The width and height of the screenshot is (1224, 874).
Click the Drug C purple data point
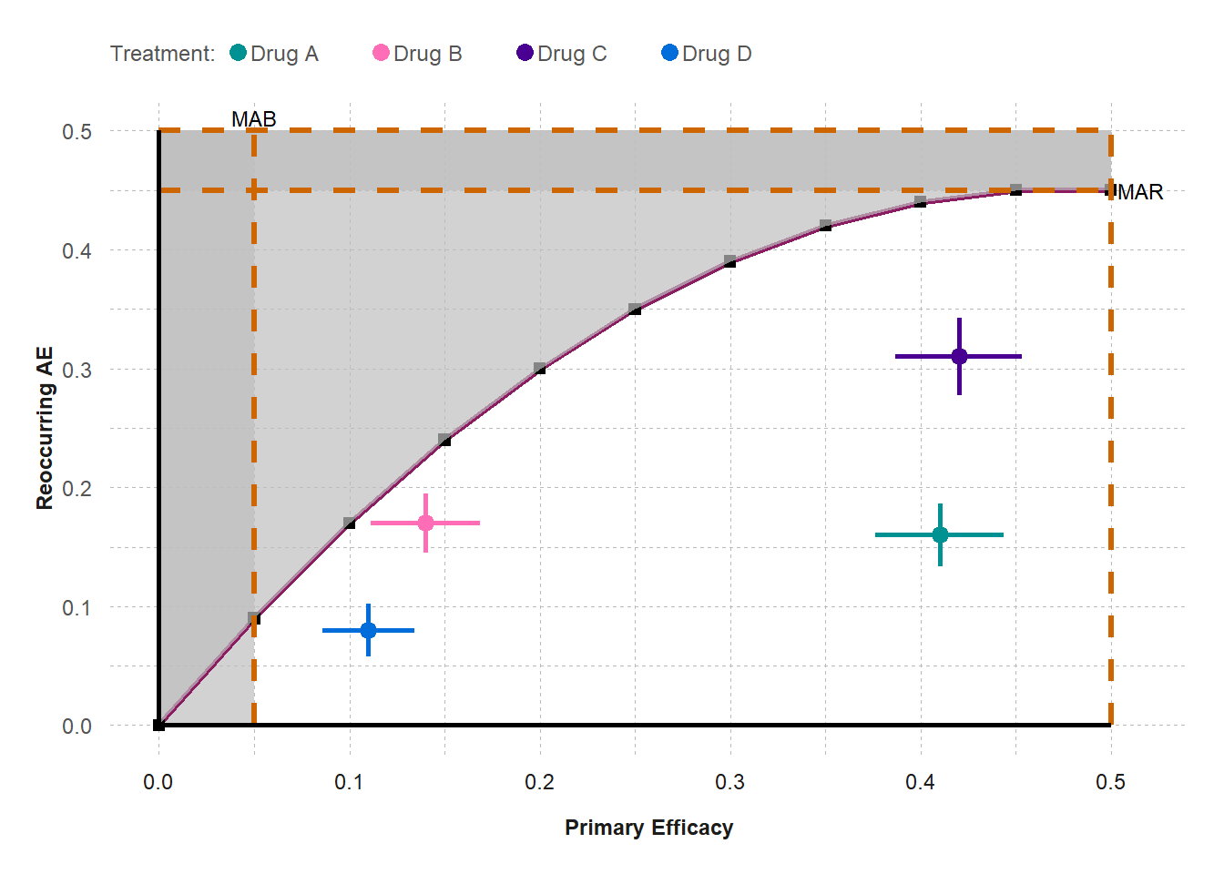tap(959, 356)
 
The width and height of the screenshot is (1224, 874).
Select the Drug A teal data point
tap(940, 534)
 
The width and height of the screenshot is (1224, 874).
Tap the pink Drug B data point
tap(425, 523)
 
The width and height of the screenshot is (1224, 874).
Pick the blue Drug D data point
tap(368, 630)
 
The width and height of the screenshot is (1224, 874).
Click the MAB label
tap(253, 119)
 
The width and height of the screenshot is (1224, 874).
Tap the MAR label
tap(1140, 192)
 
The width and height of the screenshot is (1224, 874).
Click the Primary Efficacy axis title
tap(648, 828)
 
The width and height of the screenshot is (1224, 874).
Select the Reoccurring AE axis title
tap(45, 428)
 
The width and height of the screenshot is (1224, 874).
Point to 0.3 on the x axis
tap(729, 782)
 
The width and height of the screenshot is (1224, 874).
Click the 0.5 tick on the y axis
tap(77, 132)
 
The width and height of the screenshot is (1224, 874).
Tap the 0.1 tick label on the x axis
tap(349, 782)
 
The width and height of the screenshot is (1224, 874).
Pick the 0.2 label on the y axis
tap(77, 489)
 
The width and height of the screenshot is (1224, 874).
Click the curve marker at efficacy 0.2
tap(540, 369)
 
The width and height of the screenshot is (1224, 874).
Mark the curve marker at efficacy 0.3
tap(730, 261)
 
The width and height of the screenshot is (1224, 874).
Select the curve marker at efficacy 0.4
tap(920, 202)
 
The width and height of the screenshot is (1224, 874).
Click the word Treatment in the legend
tap(162, 54)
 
